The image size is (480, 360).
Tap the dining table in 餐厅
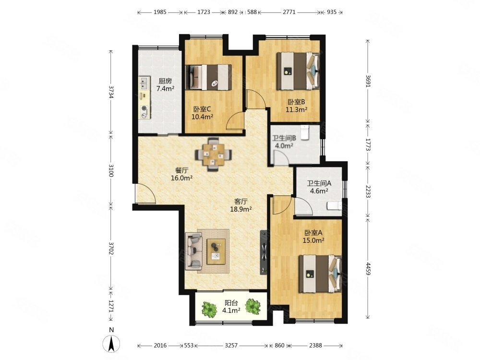click(x=214, y=155)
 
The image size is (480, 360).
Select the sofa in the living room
click(x=193, y=251)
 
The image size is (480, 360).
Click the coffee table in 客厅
click(x=216, y=252)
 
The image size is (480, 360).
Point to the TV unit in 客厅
click(x=264, y=252)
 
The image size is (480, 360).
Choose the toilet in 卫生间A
click(x=334, y=206)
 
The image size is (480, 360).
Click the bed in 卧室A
click(x=320, y=274)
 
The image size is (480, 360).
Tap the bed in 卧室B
click(x=298, y=71)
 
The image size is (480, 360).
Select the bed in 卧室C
click(x=208, y=77)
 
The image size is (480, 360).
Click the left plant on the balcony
click(x=209, y=310)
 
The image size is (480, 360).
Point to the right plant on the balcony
click(x=252, y=306)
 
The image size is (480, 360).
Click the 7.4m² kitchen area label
click(x=165, y=89)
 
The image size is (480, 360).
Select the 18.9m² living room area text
click(x=241, y=209)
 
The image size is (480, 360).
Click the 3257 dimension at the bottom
click(x=231, y=345)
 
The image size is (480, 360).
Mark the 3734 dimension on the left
click(x=111, y=92)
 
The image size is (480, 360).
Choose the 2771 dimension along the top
click(x=289, y=12)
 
